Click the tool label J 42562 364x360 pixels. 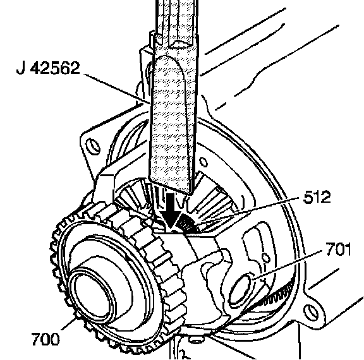click(48, 68)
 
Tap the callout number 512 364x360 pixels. click(317, 197)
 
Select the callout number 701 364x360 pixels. click(339, 249)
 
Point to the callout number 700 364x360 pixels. click(45, 339)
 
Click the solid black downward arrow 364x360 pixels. click(171, 210)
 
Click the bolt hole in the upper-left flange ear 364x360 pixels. click(93, 146)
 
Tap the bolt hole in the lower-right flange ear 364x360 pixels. click(311, 313)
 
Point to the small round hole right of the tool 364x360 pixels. click(203, 162)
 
